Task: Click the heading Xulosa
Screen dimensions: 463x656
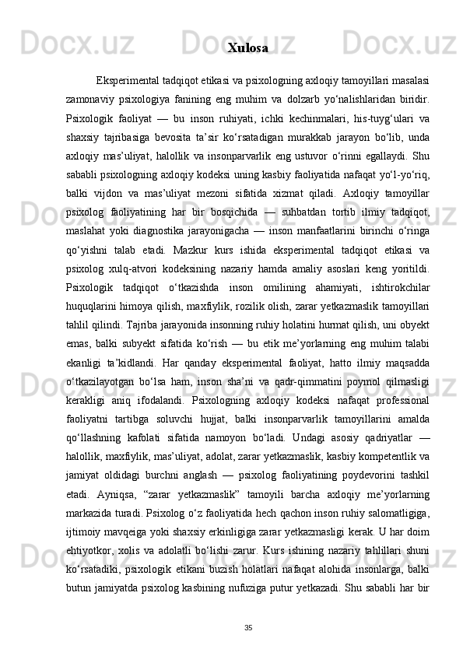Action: tap(248, 48)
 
